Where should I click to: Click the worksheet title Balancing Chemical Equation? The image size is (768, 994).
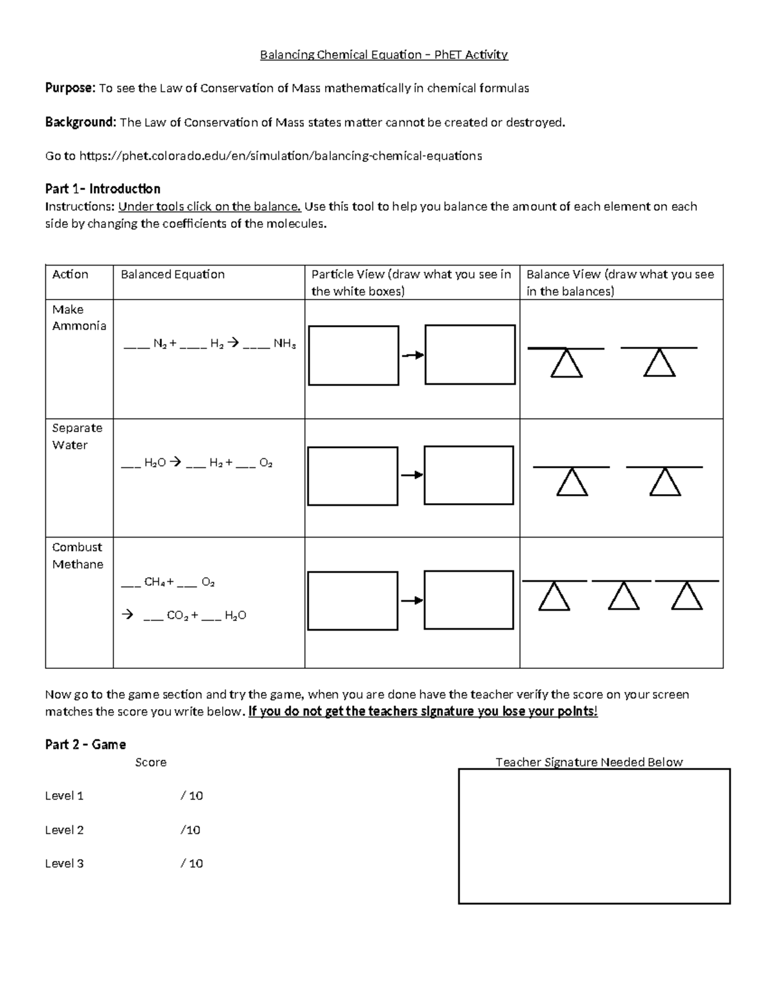pos(383,55)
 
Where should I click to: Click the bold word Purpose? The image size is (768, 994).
pos(70,88)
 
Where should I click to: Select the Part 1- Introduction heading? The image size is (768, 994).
pos(102,189)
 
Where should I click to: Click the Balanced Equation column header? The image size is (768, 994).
pos(173,275)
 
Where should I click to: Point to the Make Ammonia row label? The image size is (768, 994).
pos(79,317)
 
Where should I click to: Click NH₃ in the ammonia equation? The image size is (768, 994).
pos(284,344)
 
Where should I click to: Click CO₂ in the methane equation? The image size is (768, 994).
pos(177,616)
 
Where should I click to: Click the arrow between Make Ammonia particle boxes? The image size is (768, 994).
pos(412,355)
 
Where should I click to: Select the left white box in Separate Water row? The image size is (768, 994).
pos(353,476)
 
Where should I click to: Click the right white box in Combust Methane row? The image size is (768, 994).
pos(469,600)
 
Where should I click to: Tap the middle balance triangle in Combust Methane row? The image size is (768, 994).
pos(623,598)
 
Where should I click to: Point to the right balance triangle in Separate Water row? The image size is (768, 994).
pos(665,483)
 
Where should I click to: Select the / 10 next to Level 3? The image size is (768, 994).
pos(191,863)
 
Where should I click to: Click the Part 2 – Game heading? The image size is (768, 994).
pos(85,744)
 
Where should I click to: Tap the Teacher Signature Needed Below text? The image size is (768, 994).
pos(589,762)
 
